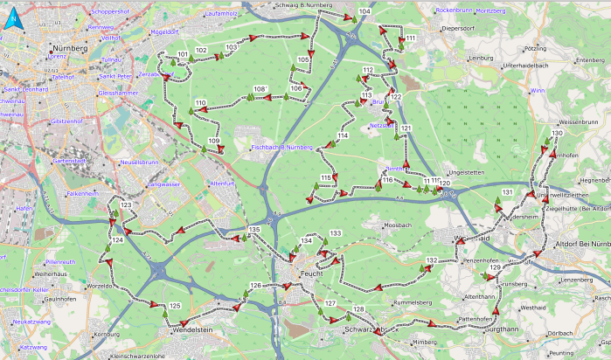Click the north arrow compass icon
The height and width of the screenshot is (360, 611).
[13, 18]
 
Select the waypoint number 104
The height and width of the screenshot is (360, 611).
[365, 11]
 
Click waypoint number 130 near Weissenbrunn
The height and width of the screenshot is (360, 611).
[557, 134]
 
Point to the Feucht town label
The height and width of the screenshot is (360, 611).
[310, 273]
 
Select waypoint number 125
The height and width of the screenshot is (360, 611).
[175, 306]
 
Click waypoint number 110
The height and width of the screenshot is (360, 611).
[201, 104]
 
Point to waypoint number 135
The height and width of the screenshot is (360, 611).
[254, 230]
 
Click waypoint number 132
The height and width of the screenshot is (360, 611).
[432, 261]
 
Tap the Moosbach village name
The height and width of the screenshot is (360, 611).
[398, 225]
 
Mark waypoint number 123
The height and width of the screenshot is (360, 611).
[127, 205]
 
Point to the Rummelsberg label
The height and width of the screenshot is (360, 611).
[413, 302]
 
